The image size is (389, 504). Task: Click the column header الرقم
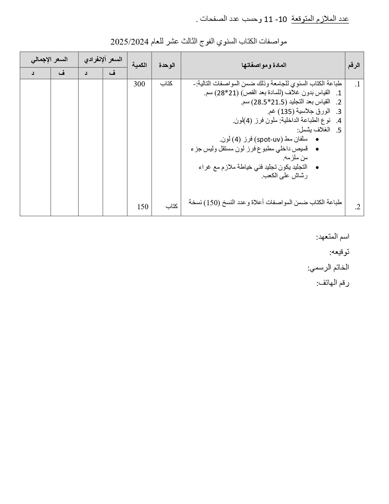coord(354,65)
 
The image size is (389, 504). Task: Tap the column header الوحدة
coord(167,65)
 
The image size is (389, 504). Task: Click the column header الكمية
coord(139,65)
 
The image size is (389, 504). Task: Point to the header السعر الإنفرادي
coord(103,60)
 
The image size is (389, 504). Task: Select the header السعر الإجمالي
coord(49,60)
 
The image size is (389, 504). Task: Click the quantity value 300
coord(139,84)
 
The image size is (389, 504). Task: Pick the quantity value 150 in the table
coord(142,207)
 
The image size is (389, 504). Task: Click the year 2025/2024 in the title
coord(129,41)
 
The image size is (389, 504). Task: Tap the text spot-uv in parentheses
coord(268,139)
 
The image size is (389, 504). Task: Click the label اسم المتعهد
coord(333,237)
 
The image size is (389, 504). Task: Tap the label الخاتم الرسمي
coord(328,268)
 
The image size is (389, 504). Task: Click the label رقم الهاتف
coord(333,283)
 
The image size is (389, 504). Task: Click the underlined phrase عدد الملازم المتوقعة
coord(320,19)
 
